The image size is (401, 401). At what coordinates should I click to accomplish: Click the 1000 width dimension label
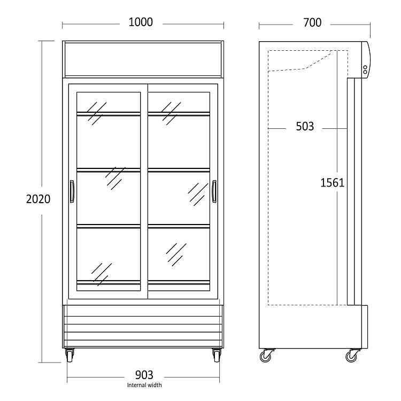pos(141,22)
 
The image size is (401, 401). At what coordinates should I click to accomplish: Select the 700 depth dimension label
pos(312,22)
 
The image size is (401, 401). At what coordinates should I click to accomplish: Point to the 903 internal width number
pos(144,374)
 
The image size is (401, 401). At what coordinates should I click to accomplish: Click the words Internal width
pos(144,385)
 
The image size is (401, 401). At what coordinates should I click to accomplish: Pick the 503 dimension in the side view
pos(305,127)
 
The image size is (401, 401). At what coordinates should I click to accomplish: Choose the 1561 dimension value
pos(332,183)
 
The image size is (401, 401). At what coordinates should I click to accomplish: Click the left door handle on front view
pos(72,191)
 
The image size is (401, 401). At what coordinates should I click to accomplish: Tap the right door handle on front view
pos(214,191)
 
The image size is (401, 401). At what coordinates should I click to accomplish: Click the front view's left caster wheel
pos(70,355)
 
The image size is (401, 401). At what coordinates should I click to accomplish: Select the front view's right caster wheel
pos(216,355)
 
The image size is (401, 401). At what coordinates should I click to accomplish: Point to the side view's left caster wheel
pos(266,356)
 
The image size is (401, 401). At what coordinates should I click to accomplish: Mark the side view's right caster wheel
pos(352,356)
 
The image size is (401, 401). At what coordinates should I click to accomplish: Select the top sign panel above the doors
pos(143,58)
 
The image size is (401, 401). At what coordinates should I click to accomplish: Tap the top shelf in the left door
pos(109,113)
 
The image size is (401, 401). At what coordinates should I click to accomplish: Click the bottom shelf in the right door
pos(179,282)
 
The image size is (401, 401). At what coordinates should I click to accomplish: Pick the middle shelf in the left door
pos(109,170)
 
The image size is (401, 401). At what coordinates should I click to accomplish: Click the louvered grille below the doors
pos(143,326)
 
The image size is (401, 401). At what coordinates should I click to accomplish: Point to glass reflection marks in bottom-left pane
pos(102,273)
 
